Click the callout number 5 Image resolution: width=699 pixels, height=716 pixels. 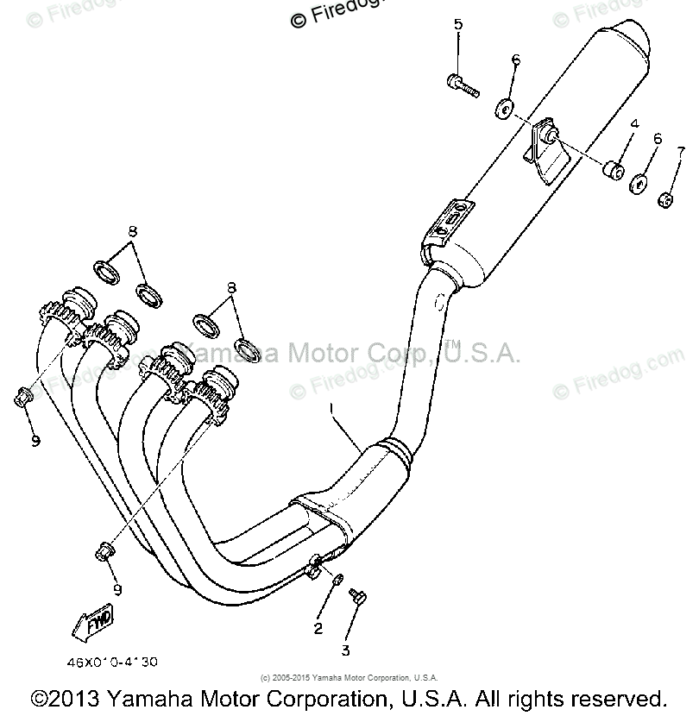coord(458,24)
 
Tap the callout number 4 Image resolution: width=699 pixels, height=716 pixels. coord(633,124)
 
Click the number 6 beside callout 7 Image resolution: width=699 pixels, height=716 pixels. coord(658,138)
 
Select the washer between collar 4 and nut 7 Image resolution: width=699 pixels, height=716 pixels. coord(639,184)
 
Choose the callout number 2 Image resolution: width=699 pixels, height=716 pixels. coord(318,629)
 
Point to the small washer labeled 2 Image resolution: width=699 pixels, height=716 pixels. coord(338,579)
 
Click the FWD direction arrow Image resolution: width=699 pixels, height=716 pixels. coord(96,622)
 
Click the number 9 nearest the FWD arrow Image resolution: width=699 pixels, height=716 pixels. coord(118,590)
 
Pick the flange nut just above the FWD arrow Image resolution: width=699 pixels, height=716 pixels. coord(104,549)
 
